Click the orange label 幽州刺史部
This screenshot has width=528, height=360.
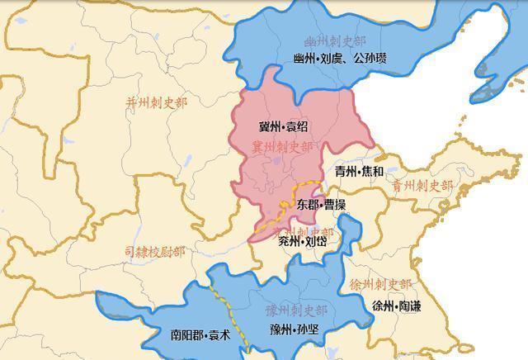pos(333,41)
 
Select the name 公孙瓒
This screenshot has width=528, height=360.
pos(369,59)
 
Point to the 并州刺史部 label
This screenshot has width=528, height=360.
pos(156,102)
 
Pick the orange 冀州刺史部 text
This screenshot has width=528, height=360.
pos(282,147)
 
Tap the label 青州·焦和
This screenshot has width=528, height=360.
pos(359,172)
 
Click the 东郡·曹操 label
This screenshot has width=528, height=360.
pos(321,203)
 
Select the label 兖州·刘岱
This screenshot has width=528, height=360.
pos(303,241)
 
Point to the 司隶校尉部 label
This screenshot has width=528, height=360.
pos(154,251)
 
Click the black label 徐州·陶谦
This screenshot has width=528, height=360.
pos(396,306)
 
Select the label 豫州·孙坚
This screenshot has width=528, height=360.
pos(294,330)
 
